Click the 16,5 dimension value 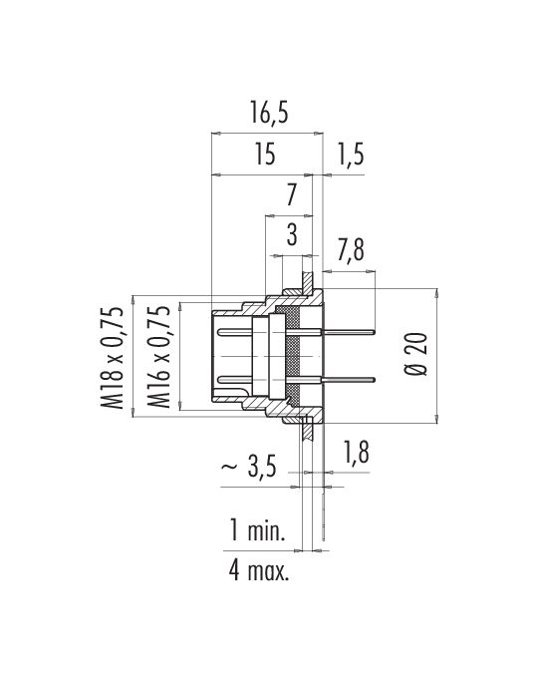pyautogui.click(x=269, y=113)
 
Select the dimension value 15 pyautogui.click(x=265, y=155)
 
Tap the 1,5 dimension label pyautogui.click(x=350, y=156)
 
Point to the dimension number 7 pyautogui.click(x=292, y=195)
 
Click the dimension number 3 pyautogui.click(x=292, y=235)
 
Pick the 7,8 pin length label pyautogui.click(x=350, y=250)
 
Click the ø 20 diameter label pyautogui.click(x=416, y=354)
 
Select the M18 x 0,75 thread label pyautogui.click(x=112, y=358)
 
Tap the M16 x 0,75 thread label pyautogui.click(x=158, y=357)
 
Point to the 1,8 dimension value pyautogui.click(x=356, y=452)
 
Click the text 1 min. pyautogui.click(x=257, y=530)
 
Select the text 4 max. pyautogui.click(x=259, y=570)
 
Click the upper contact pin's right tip pyautogui.click(x=375, y=332)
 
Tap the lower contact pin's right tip pyautogui.click(x=375, y=380)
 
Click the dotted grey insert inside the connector pyautogui.click(x=292, y=355)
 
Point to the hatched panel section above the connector pyautogui.click(x=307, y=282)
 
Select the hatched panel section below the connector pyautogui.click(x=307, y=429)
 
